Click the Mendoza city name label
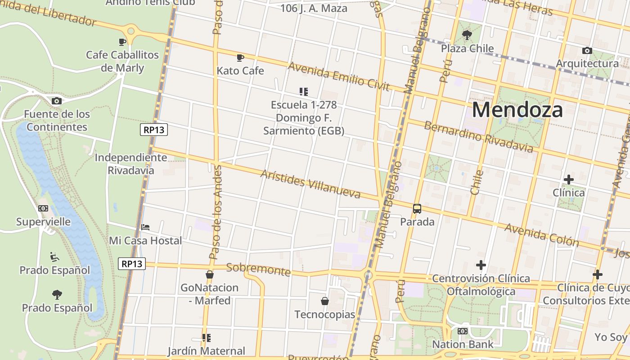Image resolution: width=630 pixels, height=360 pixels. pyautogui.click(x=517, y=110)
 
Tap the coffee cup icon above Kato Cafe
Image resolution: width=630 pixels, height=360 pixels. pyautogui.click(x=240, y=58)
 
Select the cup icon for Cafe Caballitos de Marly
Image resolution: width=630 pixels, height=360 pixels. pyautogui.click(x=122, y=42)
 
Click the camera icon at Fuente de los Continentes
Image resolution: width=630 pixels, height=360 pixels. pyautogui.click(x=56, y=101)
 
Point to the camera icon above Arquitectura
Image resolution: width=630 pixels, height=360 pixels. pyautogui.click(x=587, y=50)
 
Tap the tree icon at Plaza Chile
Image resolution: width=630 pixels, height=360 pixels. pyautogui.click(x=467, y=35)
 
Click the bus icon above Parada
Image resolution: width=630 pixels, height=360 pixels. pyautogui.click(x=417, y=209)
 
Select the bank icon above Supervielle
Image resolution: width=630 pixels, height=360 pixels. pyautogui.click(x=43, y=208)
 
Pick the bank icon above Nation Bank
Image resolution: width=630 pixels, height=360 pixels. pyautogui.click(x=462, y=331)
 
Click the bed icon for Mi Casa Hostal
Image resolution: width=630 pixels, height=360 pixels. pyautogui.click(x=145, y=227)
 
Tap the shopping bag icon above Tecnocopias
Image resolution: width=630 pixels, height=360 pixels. pyautogui.click(x=324, y=301)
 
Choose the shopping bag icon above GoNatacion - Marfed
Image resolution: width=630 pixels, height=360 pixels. pyautogui.click(x=209, y=274)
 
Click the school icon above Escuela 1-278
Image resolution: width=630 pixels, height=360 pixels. pyautogui.click(x=304, y=92)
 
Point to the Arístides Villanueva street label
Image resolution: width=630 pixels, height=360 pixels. pyautogui.click(x=310, y=184)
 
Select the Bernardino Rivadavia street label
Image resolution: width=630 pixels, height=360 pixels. pyautogui.click(x=478, y=136)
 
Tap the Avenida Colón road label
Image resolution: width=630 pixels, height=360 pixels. pyautogui.click(x=541, y=235)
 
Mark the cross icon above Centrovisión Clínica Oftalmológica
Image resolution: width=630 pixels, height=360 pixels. pyautogui.click(x=481, y=265)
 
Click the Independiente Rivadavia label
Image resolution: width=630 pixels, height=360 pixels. pyautogui.click(x=130, y=164)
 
